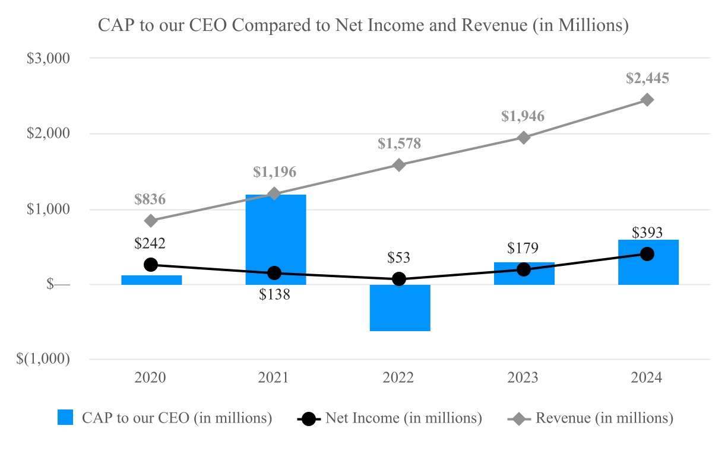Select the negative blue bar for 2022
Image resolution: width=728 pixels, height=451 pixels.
click(x=400, y=308)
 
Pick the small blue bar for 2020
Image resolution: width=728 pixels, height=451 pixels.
click(x=151, y=280)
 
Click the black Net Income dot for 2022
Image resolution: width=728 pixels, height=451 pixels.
click(x=400, y=279)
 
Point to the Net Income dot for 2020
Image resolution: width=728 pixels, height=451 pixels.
click(x=151, y=265)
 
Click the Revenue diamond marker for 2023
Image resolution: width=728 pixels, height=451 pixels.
click(x=524, y=138)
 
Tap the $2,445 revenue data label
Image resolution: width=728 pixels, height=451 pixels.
click(x=648, y=78)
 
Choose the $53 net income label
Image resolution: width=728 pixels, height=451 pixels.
click(x=400, y=258)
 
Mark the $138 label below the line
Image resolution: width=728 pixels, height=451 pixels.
click(x=275, y=294)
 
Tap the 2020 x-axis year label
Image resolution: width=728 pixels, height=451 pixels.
click(x=151, y=378)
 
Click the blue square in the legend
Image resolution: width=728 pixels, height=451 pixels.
click(x=65, y=418)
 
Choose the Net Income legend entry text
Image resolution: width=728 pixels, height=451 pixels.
click(x=403, y=418)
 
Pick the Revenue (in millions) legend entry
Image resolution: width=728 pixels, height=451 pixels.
click(x=604, y=418)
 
